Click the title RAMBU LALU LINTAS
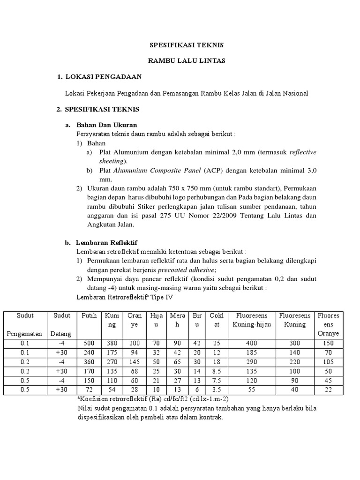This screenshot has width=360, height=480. click(x=186, y=60)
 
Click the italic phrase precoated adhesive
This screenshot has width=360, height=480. click(x=186, y=270)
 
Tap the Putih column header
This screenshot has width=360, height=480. click(x=89, y=315)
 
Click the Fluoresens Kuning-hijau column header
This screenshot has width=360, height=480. click(x=252, y=320)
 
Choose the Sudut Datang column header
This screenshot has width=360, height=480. click(x=62, y=324)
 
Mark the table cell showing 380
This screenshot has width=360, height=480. click(x=112, y=344)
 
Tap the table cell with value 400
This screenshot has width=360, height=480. click(x=252, y=344)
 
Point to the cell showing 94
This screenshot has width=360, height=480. click(x=135, y=352)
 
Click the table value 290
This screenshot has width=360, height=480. click(x=252, y=362)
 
